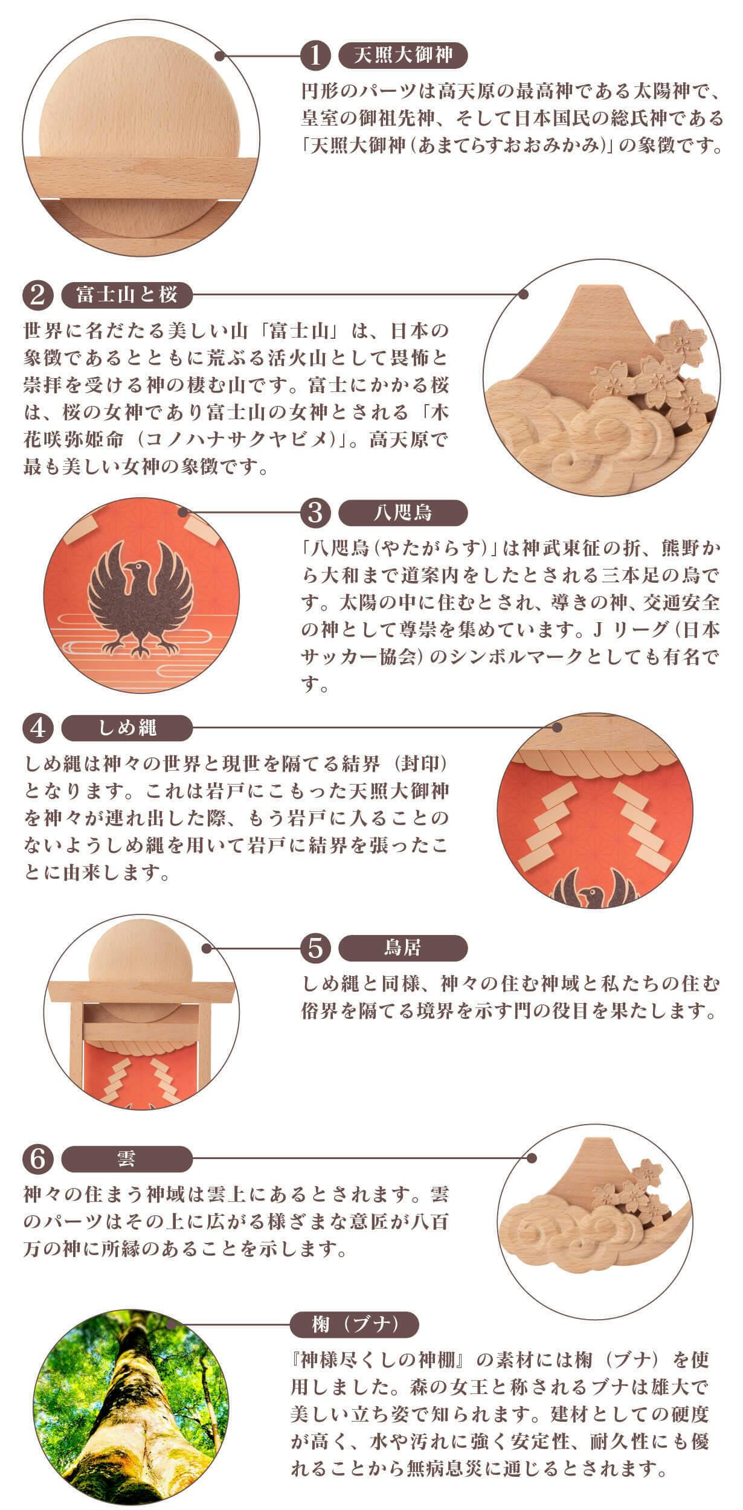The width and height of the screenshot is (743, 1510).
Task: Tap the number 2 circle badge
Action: (x=38, y=295)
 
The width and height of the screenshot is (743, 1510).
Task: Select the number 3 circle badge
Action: (x=316, y=513)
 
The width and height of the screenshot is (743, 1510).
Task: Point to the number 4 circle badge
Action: (x=38, y=728)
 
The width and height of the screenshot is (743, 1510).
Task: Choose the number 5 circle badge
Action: (x=316, y=948)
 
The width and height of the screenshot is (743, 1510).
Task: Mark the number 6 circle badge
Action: (x=38, y=1158)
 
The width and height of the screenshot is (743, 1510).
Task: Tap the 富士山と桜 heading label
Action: (x=127, y=295)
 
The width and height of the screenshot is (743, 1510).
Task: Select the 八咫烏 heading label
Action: (x=404, y=513)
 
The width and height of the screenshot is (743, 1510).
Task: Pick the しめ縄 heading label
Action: (x=127, y=728)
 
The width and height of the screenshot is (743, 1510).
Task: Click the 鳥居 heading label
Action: (x=404, y=948)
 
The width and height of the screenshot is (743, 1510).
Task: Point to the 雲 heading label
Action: (x=127, y=1158)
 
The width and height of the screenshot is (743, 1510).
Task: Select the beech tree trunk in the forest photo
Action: (x=121, y=1425)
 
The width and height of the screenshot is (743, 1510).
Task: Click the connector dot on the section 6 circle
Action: (x=533, y=1158)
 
